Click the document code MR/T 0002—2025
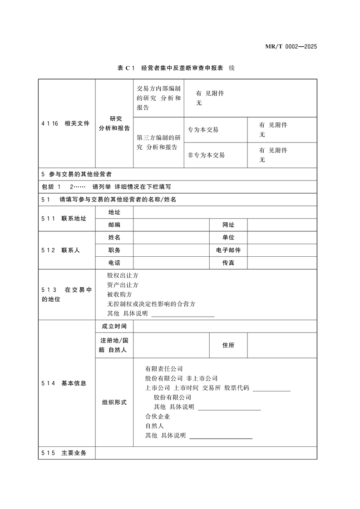291,47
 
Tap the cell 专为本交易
203,130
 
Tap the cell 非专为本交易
206,155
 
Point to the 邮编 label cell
114,225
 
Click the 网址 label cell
228,225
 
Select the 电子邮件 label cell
228,250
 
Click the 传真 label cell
228,263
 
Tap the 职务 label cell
114,250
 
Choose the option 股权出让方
123,275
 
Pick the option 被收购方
119,294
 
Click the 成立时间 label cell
114,326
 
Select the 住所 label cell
228,345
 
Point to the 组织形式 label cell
114,402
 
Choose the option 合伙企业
158,416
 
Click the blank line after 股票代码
271,389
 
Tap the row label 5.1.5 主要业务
67,453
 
